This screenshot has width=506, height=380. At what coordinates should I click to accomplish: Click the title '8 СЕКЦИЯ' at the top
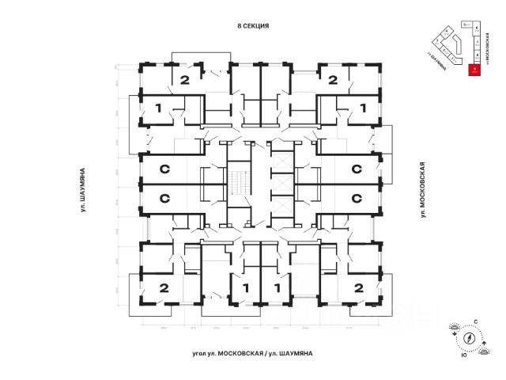pyautogui.click(x=253, y=25)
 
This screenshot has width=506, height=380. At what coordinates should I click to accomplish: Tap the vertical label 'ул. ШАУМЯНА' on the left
pyautogui.click(x=82, y=190)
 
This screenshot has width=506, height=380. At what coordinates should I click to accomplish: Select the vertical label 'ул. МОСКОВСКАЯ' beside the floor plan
pyautogui.click(x=424, y=190)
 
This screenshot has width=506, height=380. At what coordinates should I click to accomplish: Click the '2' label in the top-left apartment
pyautogui.click(x=183, y=79)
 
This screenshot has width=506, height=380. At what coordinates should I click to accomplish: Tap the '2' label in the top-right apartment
pyautogui.click(x=333, y=79)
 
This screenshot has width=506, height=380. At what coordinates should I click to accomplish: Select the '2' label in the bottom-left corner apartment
pyautogui.click(x=164, y=287)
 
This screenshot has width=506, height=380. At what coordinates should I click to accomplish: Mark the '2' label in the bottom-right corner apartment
pyautogui.click(x=358, y=287)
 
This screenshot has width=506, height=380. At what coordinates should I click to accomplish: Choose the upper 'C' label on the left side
pyautogui.click(x=165, y=169)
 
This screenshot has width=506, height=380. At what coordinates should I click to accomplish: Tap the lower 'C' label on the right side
pyautogui.click(x=357, y=198)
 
